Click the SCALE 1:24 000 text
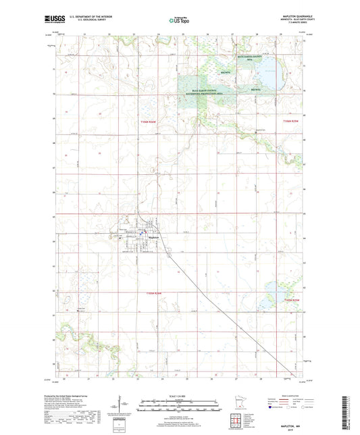(x=178, y=395)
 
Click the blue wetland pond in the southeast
(x=278, y=289)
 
